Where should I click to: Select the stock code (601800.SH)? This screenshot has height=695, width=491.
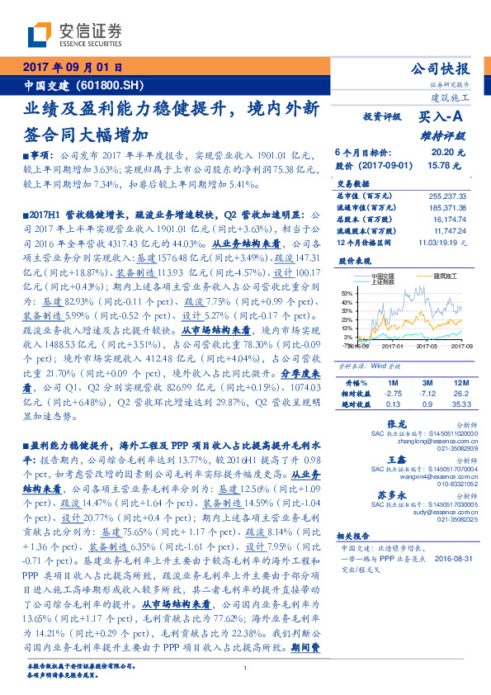click(99, 85)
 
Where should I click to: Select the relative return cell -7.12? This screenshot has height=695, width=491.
click(426, 394)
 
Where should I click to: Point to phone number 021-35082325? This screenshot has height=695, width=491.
click(453, 519)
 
